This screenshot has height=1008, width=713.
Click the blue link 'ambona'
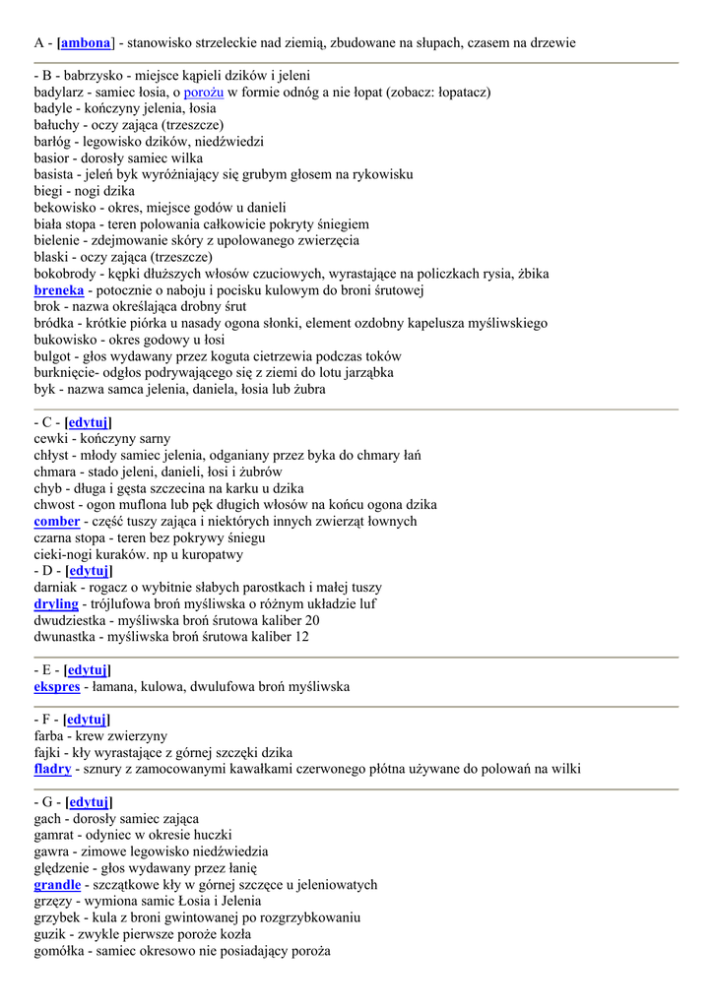click(x=86, y=42)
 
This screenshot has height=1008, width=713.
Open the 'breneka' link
click(x=58, y=290)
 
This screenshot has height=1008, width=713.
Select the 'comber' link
click(x=56, y=521)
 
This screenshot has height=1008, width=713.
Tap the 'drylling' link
click(x=56, y=603)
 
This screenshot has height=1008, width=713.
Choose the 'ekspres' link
click(x=56, y=686)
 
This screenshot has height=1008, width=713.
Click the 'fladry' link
click(x=52, y=769)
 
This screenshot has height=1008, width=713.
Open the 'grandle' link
click(x=57, y=885)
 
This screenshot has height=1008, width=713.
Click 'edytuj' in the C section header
click(x=88, y=421)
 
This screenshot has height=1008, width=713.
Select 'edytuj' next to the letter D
click(x=89, y=571)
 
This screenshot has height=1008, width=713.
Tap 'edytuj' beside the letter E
click(x=88, y=669)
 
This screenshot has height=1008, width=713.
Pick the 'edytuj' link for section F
click(x=87, y=720)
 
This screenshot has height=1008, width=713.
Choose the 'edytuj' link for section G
click(x=89, y=802)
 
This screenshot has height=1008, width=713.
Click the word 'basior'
click(x=52, y=157)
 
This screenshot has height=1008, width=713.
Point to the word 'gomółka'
click(x=61, y=951)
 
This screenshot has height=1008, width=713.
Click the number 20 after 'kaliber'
click(x=311, y=620)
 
